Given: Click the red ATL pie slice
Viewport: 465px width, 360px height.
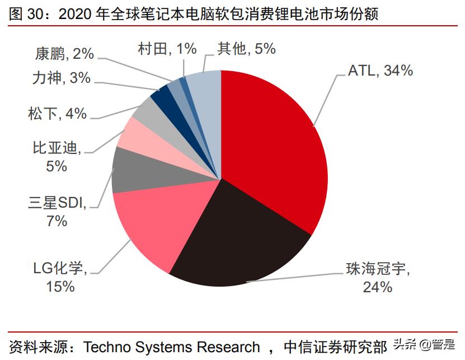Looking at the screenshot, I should click(274, 146).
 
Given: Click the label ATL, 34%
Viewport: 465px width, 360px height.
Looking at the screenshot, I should click(381, 71).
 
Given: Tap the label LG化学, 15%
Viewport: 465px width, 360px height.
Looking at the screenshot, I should click(60, 278).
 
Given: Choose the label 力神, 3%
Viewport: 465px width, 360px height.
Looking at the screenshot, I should click(61, 78).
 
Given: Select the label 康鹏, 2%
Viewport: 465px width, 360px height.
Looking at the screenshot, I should click(64, 54).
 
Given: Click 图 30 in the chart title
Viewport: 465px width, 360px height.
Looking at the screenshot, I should click(24, 13).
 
